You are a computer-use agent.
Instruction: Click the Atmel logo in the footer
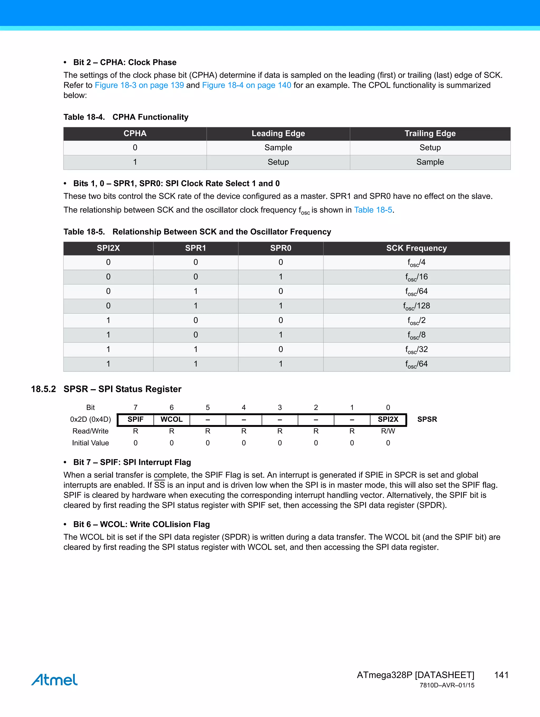55,680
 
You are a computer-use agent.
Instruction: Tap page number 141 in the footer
501,675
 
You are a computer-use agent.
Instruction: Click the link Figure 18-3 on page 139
139,85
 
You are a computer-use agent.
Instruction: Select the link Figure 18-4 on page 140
246,85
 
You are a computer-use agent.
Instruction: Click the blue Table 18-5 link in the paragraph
373,210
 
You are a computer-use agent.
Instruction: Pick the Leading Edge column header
278,133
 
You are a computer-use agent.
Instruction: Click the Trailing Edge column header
430,133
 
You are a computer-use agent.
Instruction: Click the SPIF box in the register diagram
136,420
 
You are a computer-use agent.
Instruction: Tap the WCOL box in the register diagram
171,420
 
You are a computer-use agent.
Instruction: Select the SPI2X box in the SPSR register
388,420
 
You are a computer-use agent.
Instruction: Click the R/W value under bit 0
388,431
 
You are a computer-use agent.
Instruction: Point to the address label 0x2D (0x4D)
90,420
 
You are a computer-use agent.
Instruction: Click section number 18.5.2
44,389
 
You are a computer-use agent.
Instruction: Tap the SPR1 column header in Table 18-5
195,248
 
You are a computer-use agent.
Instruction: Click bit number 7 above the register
136,407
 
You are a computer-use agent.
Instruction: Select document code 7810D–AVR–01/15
447,685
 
